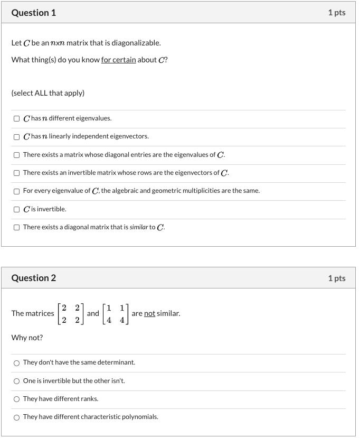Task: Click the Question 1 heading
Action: pos(34,13)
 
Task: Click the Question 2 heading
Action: pos(34,278)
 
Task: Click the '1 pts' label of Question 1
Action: pos(336,13)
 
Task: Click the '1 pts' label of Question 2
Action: pos(336,278)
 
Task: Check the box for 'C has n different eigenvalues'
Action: pos(17,118)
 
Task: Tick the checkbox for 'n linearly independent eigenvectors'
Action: pos(17,136)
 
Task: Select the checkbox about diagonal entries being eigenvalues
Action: pos(17,155)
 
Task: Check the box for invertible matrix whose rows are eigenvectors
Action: pos(17,173)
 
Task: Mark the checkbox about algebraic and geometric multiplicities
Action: pos(17,191)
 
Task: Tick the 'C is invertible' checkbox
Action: pos(17,209)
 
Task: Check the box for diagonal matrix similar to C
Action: pos(17,227)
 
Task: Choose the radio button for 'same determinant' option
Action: pos(17,362)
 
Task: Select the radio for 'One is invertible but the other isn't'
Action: pos(17,381)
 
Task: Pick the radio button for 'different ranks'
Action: pos(17,399)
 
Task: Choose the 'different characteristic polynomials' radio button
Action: pos(17,417)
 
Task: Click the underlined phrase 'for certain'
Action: pos(118,60)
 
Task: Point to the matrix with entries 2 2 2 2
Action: pos(70,313)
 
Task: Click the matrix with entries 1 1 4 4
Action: pos(115,313)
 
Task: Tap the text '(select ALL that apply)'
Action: pos(48,93)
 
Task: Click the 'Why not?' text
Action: pos(27,338)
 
